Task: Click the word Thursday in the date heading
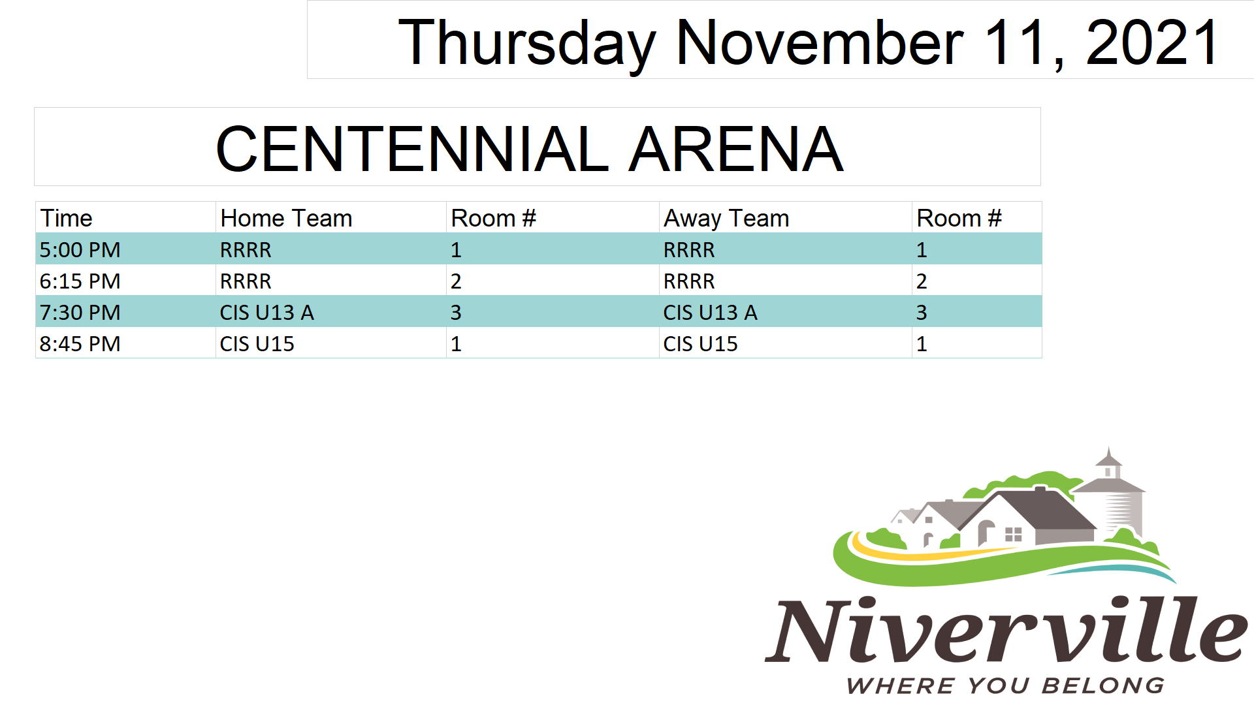(x=527, y=44)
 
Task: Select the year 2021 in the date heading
(x=1151, y=42)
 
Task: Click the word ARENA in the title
(x=736, y=149)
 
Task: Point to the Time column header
(x=66, y=218)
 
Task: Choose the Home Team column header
(x=286, y=218)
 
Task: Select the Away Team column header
(x=726, y=218)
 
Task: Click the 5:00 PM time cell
(x=80, y=249)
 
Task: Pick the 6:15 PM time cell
(x=80, y=281)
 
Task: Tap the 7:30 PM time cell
(x=80, y=312)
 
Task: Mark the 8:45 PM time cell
(x=80, y=343)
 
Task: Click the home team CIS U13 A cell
(x=266, y=312)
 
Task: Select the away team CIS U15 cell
(x=700, y=343)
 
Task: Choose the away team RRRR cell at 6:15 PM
(x=689, y=281)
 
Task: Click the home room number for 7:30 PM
(x=456, y=312)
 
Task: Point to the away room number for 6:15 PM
(x=922, y=281)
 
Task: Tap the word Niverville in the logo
(x=1006, y=629)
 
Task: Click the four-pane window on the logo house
(x=1013, y=535)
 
